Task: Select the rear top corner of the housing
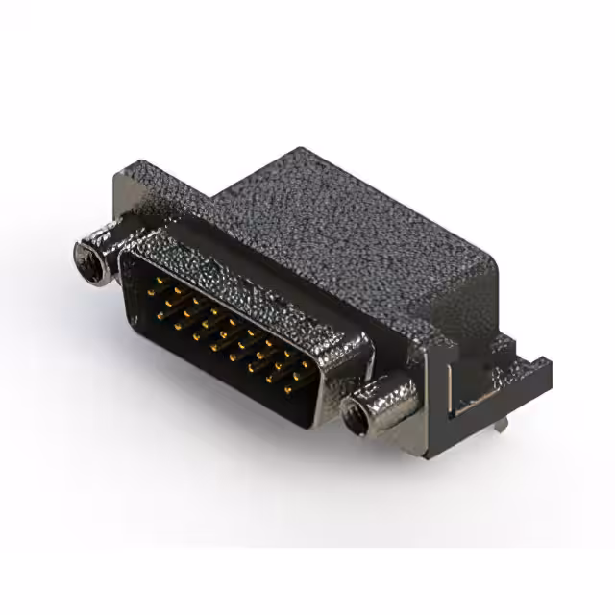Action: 298,152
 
